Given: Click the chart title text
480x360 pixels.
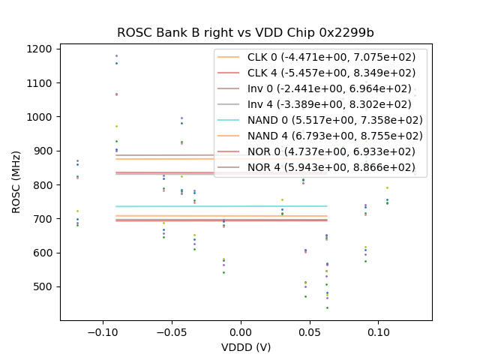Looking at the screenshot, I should (x=245, y=33).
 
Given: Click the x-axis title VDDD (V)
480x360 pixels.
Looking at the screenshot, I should (x=246, y=347).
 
